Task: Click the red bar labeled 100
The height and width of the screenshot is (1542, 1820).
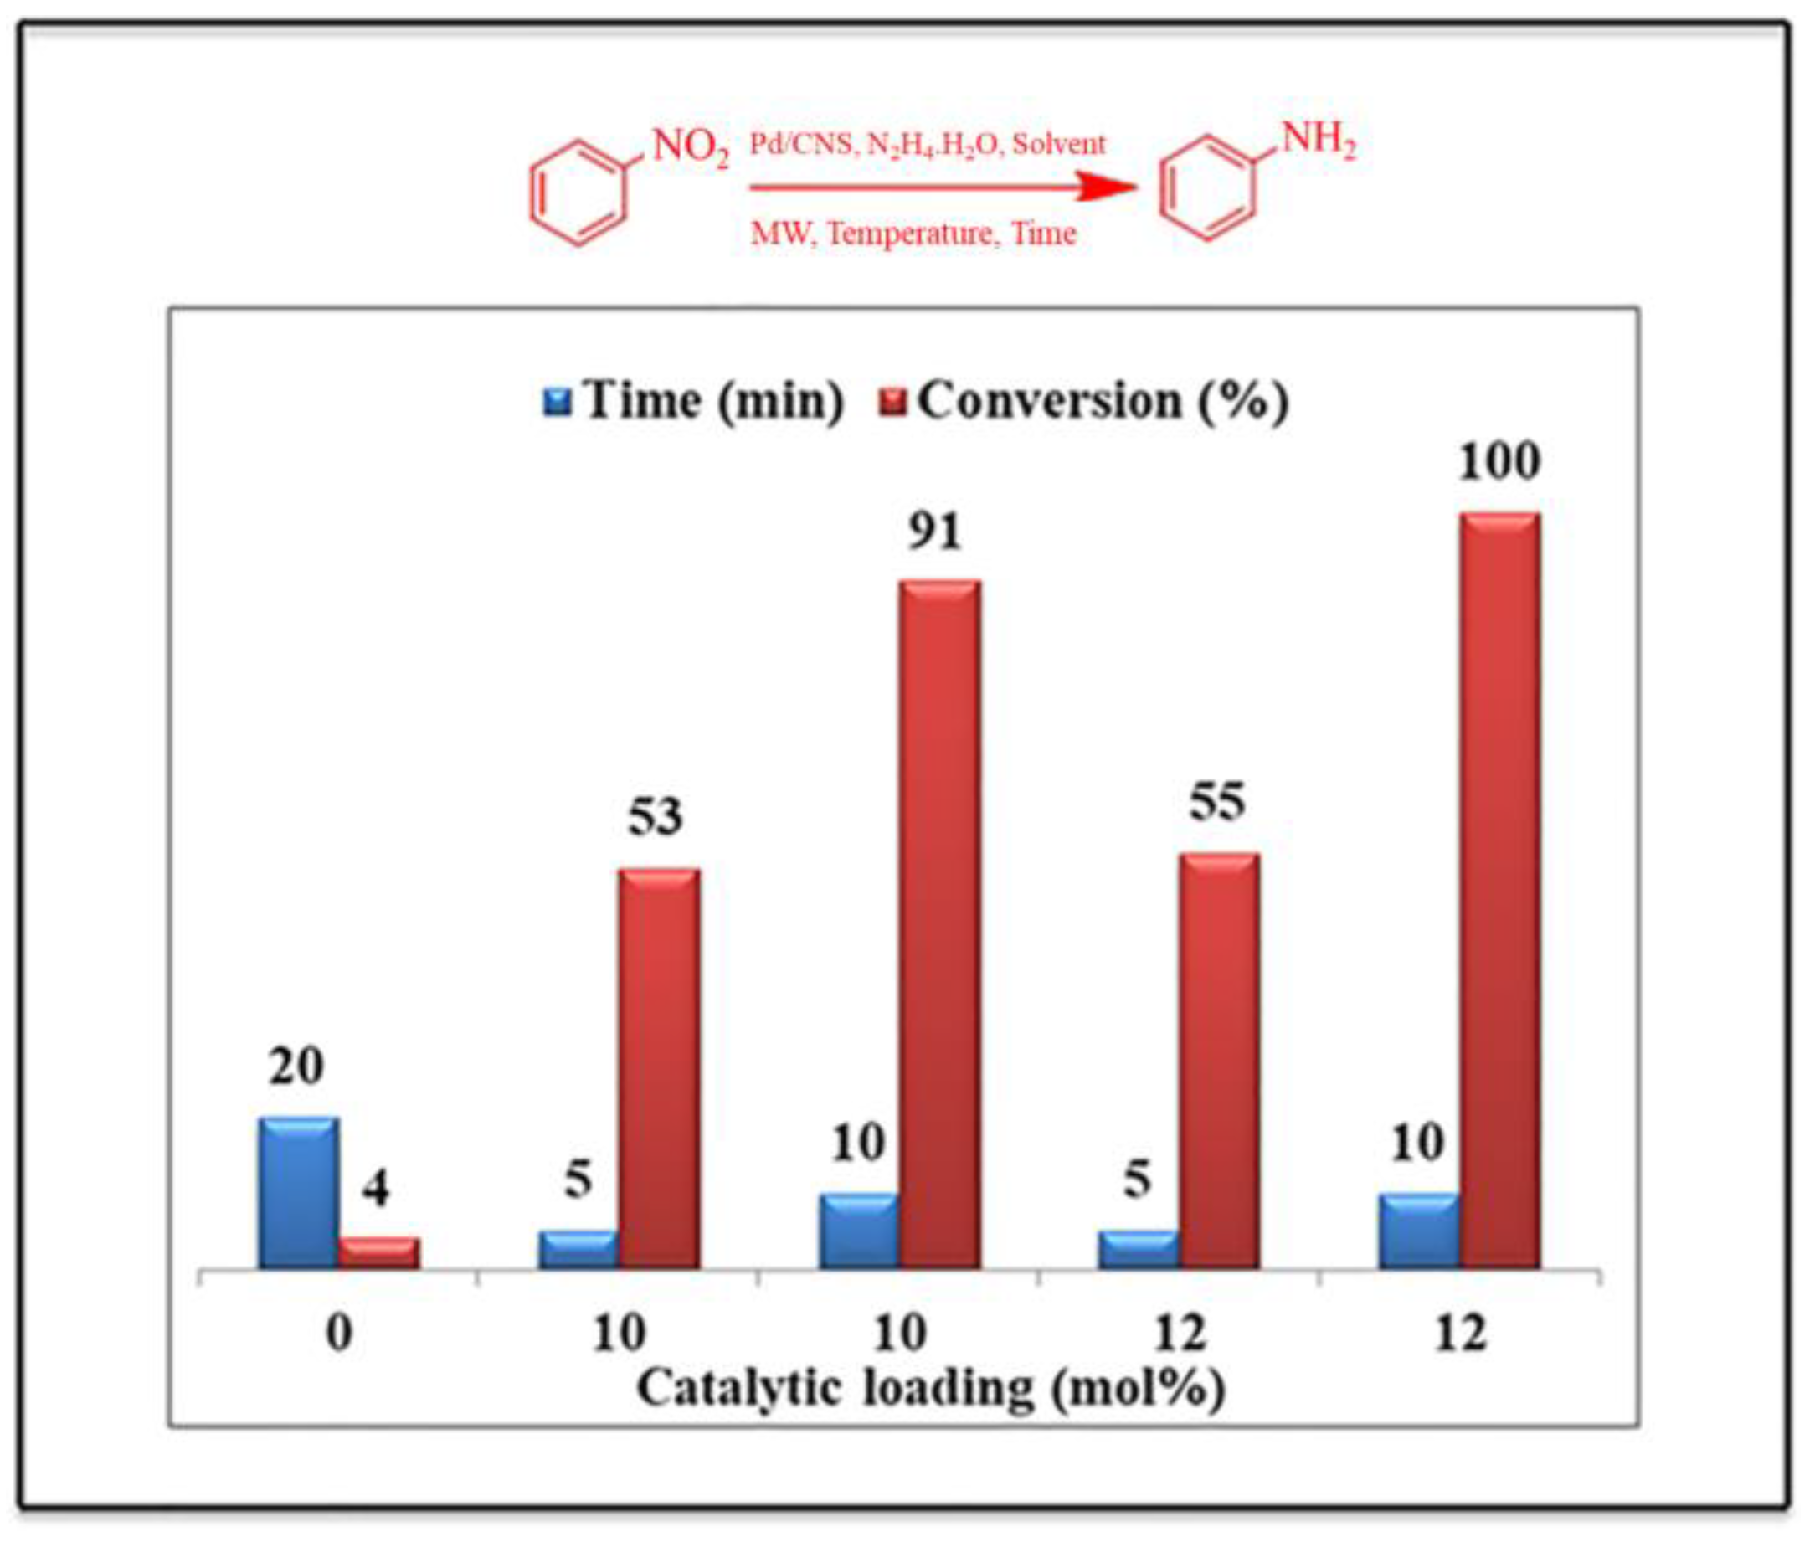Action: (1499, 892)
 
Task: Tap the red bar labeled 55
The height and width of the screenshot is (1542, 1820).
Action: (1220, 1062)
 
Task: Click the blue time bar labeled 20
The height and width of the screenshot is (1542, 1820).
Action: (298, 1195)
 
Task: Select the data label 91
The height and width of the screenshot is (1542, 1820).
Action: (933, 531)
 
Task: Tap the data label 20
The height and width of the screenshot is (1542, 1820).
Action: (296, 1067)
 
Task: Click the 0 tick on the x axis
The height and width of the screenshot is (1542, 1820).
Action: (339, 1334)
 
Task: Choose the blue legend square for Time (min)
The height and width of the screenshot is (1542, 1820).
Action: (557, 403)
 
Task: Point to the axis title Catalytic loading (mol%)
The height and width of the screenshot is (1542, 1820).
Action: (930, 1387)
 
